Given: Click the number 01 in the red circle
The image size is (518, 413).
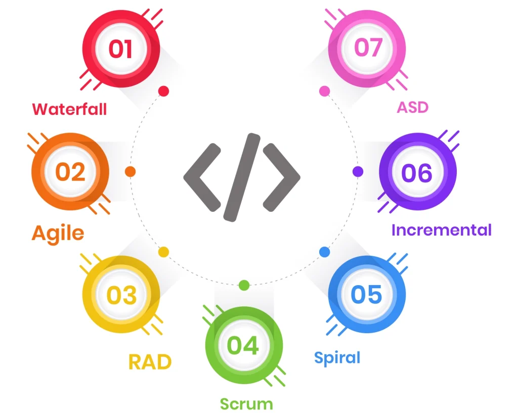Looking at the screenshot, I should coord(120,50).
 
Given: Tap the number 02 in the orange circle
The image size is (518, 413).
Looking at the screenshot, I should coord(70,172).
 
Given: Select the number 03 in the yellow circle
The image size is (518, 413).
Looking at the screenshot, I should coord(121,295).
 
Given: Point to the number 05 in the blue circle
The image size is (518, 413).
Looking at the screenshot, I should coord(366,295).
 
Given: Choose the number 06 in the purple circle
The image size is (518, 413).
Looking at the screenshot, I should coord(417,173).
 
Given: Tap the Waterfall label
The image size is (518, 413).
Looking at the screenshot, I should coord(70,109).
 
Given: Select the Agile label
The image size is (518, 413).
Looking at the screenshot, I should coord(58,233).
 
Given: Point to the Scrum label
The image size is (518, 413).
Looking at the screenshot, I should coord(246,403).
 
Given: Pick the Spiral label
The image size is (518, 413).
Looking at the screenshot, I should coord(337,357).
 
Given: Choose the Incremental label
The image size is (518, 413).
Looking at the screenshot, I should coord(441,230).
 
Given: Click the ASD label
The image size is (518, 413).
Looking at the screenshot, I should coord(412,107).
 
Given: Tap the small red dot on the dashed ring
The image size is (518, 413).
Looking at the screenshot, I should coord(163,91).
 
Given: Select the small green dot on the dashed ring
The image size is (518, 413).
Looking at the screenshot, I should coord(244,285).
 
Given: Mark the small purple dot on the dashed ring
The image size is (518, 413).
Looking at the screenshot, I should coord(358,171).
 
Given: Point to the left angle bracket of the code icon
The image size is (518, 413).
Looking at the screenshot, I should coord(202,177).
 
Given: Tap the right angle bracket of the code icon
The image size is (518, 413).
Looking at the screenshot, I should coord(282,177).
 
